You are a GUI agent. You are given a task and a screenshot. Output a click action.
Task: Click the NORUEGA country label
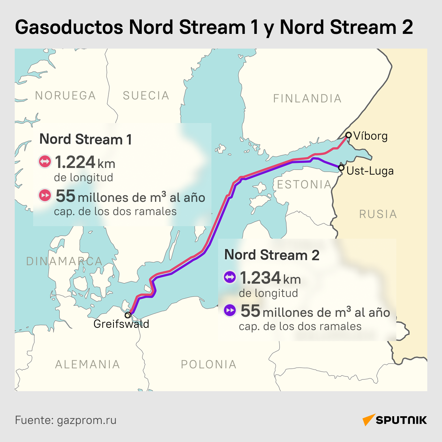coord(65,96)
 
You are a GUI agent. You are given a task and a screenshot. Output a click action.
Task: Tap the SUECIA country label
coord(146,96)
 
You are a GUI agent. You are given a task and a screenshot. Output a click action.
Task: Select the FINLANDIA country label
coord(307,98)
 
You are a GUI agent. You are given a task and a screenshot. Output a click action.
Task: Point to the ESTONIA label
coord(304,185)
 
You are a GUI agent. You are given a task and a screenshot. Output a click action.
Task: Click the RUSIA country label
coord(378,214)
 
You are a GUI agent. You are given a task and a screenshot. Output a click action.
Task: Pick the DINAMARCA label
coord(64,261)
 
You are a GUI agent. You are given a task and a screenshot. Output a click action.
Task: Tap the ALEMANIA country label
coord(87,364)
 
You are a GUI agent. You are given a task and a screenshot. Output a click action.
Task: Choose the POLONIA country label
coord(208,364)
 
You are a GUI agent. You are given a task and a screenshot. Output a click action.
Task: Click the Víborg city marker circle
coord(348,135)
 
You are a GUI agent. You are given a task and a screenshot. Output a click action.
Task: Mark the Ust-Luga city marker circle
coord(341,168)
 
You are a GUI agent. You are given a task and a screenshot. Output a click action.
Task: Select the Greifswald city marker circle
coord(127,315)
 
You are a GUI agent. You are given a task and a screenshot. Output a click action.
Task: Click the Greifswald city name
coord(121,324)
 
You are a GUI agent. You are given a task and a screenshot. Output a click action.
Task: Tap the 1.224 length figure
coord(75,162)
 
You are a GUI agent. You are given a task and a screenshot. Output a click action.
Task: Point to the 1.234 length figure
coord(260,278)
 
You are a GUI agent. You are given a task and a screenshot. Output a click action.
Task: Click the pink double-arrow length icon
coord(45,161)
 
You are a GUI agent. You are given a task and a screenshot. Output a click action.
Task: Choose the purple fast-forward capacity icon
coord(230,311)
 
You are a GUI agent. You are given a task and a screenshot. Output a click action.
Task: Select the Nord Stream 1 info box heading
coord(85,139)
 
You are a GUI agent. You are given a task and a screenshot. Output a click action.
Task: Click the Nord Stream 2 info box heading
coord(271,255)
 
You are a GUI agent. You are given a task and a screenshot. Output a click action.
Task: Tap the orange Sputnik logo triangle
coord(368,420)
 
